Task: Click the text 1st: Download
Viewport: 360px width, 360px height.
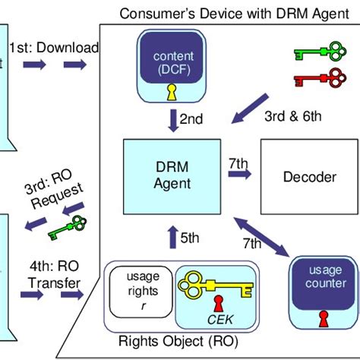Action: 53,48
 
